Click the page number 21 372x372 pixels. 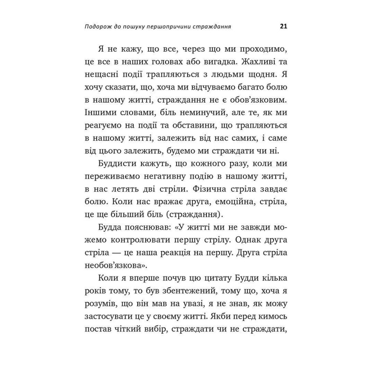[283, 27]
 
